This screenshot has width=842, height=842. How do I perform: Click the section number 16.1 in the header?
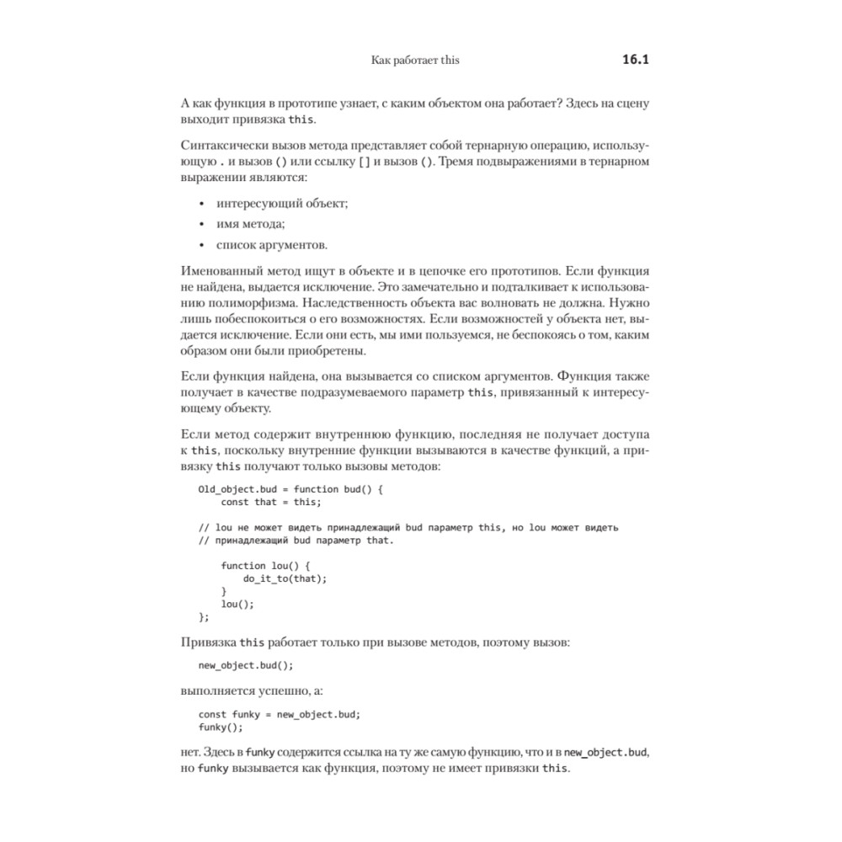(x=639, y=61)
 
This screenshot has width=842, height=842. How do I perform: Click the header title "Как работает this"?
(x=415, y=61)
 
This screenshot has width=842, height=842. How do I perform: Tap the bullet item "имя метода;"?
(x=251, y=224)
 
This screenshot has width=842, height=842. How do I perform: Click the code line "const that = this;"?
(x=271, y=503)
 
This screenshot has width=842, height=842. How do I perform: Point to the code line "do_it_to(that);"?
(x=285, y=578)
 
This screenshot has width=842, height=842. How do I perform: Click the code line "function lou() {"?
(x=266, y=566)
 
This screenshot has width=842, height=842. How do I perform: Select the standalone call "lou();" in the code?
(x=237, y=604)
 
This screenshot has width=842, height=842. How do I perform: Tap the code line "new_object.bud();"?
(x=246, y=665)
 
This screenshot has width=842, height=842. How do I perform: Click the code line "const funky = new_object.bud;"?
(x=280, y=714)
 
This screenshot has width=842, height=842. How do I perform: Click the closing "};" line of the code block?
(x=203, y=616)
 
